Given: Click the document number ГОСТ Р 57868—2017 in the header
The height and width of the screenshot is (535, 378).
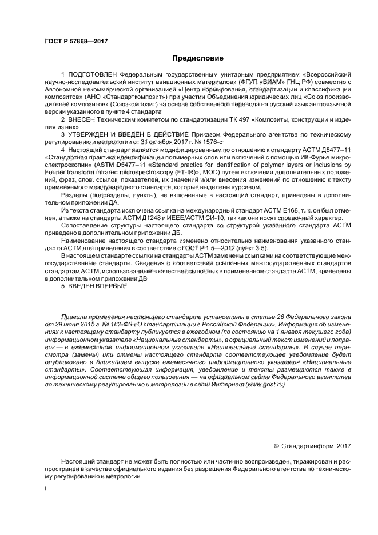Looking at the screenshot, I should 76,42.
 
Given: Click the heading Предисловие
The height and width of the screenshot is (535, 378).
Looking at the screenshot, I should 198,58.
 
